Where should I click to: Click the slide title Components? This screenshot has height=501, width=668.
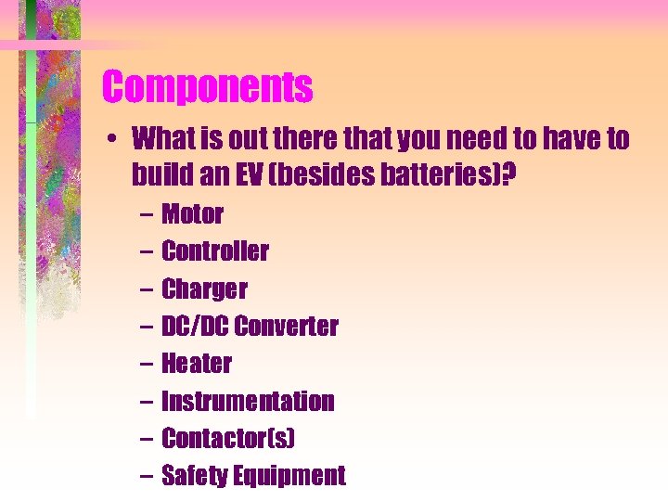click(x=207, y=88)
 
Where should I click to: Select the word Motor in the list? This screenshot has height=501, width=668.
click(x=192, y=214)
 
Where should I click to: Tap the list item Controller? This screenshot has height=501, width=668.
click(x=215, y=251)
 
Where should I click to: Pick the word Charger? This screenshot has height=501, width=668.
click(x=204, y=289)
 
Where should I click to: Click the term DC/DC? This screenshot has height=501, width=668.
click(x=195, y=327)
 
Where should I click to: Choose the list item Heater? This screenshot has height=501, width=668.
click(x=197, y=364)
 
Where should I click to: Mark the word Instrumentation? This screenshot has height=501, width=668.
click(x=248, y=402)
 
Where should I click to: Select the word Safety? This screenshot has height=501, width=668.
click(x=194, y=477)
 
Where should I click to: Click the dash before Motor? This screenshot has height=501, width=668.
click(x=148, y=215)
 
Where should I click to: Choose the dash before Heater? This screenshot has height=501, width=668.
click(x=148, y=365)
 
